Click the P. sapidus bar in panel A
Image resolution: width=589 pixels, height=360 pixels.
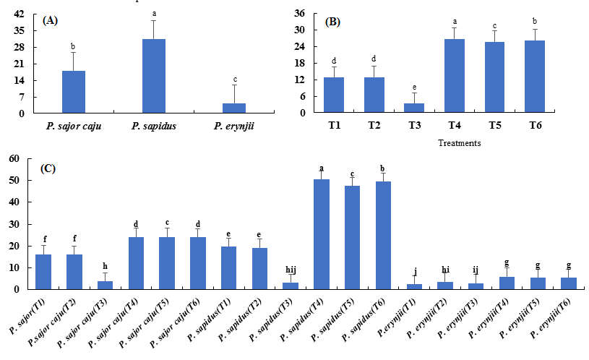(154, 76)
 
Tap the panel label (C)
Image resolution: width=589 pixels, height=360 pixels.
(48, 168)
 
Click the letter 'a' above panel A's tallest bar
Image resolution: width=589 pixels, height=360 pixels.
(154, 13)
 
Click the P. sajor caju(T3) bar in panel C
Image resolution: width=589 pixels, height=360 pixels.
(106, 285)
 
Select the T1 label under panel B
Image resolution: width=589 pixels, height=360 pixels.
(333, 126)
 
